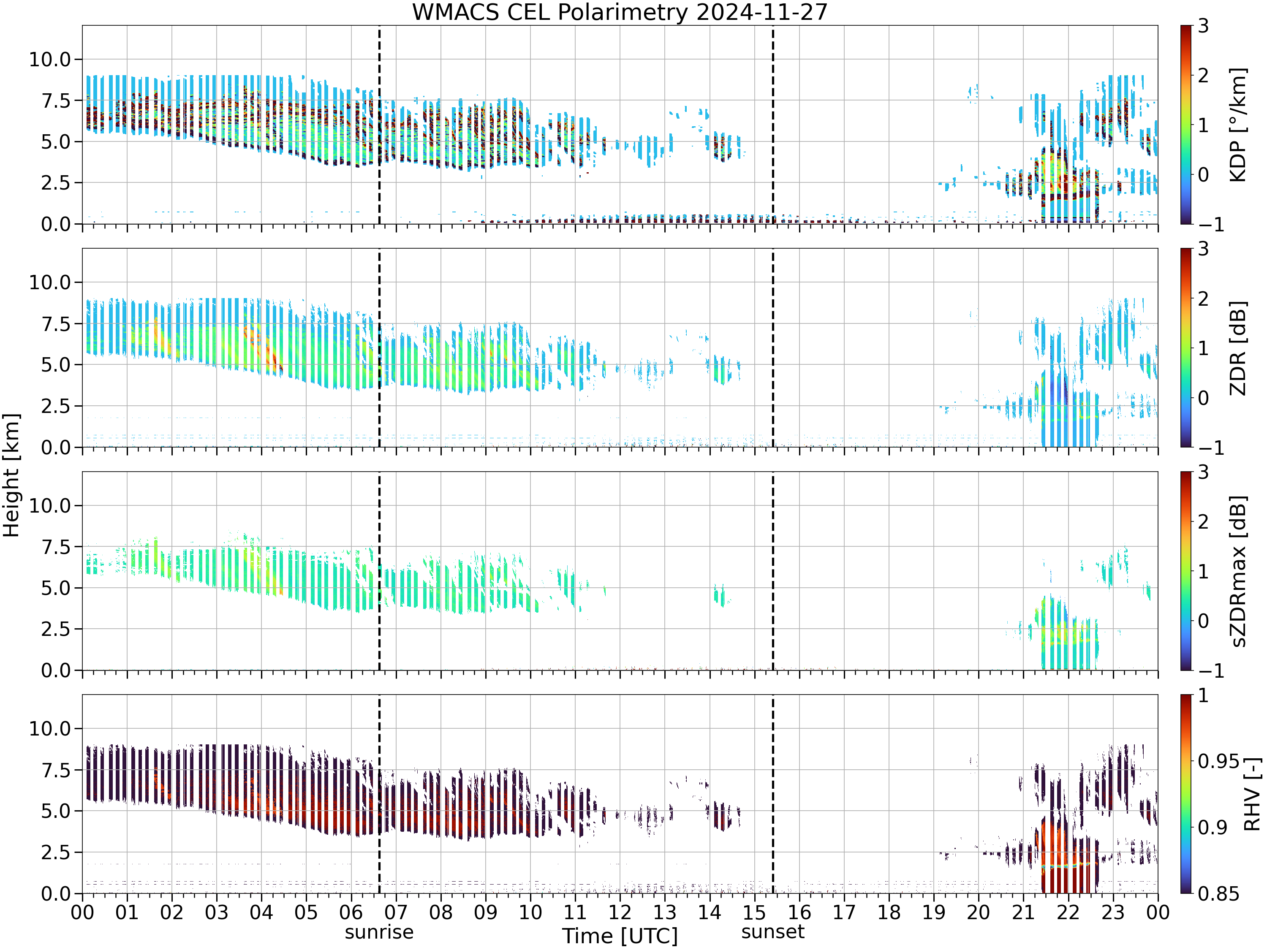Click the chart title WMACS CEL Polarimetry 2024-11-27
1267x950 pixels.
coord(620,12)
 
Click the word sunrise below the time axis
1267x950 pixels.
coord(379,932)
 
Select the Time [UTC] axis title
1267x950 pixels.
coord(620,936)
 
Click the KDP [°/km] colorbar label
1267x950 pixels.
coord(1238,125)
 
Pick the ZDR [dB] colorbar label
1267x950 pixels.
coord(1238,348)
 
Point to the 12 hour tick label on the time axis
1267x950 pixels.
coord(620,912)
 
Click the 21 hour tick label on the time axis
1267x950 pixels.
coord(1023,912)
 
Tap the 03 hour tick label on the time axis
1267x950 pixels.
coord(217,912)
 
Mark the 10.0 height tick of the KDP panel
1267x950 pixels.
coord(50,59)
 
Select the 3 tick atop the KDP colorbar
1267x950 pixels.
coord(1203,26)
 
